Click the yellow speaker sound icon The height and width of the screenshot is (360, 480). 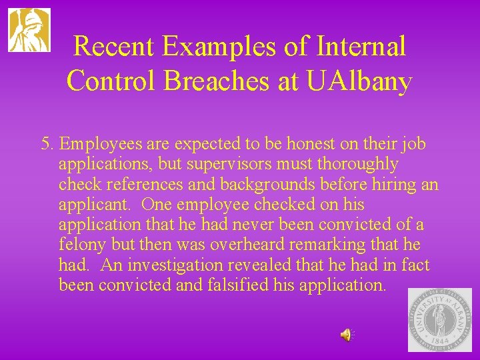(347, 335)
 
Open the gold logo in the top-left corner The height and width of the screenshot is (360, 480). (29, 30)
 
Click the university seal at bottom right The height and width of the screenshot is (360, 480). (439, 320)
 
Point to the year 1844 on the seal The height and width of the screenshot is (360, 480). (439, 339)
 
